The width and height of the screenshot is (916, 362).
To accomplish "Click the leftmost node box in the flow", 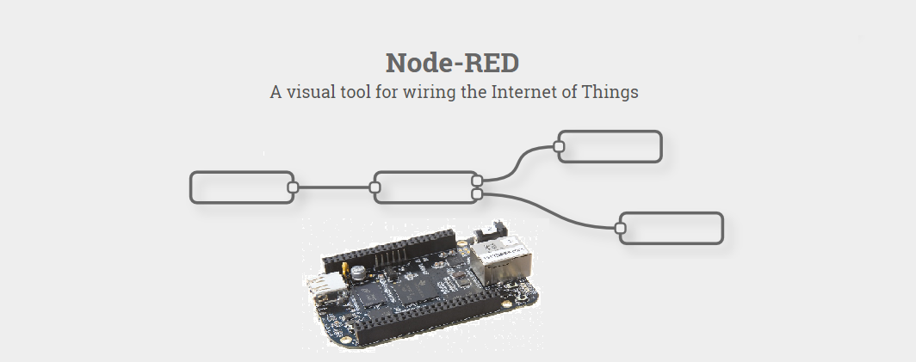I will coord(241,187).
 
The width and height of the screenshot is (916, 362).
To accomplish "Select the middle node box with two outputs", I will coord(424,187).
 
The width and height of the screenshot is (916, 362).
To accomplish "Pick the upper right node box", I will coord(610,147).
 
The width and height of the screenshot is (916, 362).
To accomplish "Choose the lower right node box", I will coord(672,228).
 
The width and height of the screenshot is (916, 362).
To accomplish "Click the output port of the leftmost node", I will coord(293,187).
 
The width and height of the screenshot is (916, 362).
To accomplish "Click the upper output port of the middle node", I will coord(477,181).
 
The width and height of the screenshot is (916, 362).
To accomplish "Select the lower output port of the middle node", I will coord(477,194).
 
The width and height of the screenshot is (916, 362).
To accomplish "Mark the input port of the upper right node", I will coord(559,147).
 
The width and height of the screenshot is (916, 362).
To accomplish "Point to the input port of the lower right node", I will coord(620,228).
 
